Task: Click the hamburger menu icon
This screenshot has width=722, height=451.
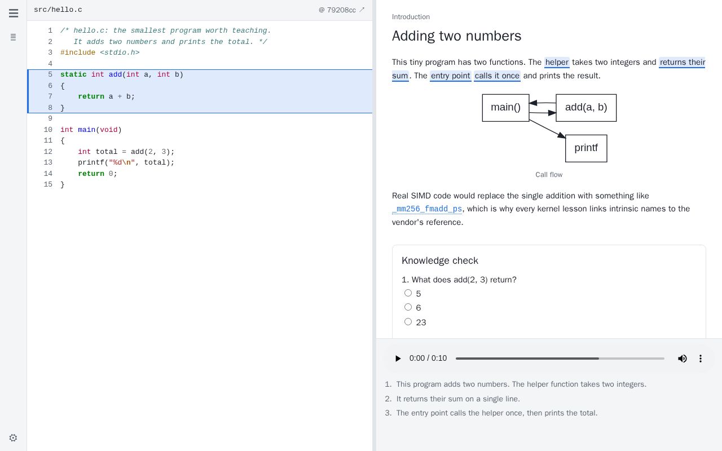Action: coord(14,13)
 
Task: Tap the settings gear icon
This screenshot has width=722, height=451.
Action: coord(13,438)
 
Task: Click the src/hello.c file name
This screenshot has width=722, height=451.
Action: coord(58,10)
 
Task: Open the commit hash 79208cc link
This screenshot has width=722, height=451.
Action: coord(341,10)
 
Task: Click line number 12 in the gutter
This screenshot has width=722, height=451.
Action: coord(48,152)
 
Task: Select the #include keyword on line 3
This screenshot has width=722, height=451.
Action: coord(78,52)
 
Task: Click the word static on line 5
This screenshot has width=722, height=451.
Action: coord(73,74)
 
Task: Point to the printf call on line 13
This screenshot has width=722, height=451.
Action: coord(91,162)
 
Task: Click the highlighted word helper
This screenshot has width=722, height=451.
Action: coord(557,62)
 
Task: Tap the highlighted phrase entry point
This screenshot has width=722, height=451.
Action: coord(450,76)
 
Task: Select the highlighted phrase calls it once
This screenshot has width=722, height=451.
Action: coord(497,76)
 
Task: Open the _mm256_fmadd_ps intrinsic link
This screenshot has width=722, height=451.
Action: coord(427,209)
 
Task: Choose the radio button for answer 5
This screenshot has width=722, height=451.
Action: coord(408,293)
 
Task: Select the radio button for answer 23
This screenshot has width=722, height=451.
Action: coord(408,321)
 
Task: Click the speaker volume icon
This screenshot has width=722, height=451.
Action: coord(682,359)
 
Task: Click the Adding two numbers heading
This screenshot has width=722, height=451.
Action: coord(456,36)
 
